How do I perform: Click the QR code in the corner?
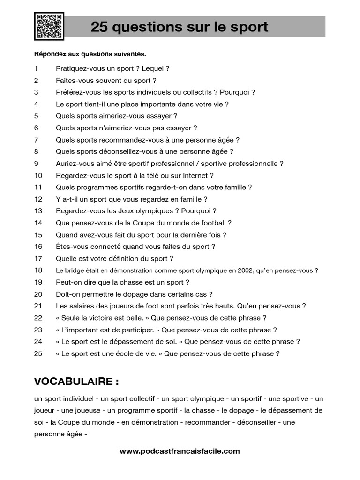tap(49, 26)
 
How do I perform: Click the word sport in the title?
tap(248, 27)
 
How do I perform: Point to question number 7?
tap(36, 140)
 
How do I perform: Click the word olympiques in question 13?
tap(156, 211)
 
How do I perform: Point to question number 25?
tap(38, 354)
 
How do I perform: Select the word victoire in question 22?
tap(102, 318)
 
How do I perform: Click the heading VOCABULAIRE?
tap(76, 382)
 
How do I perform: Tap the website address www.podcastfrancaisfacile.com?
tap(180, 451)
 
